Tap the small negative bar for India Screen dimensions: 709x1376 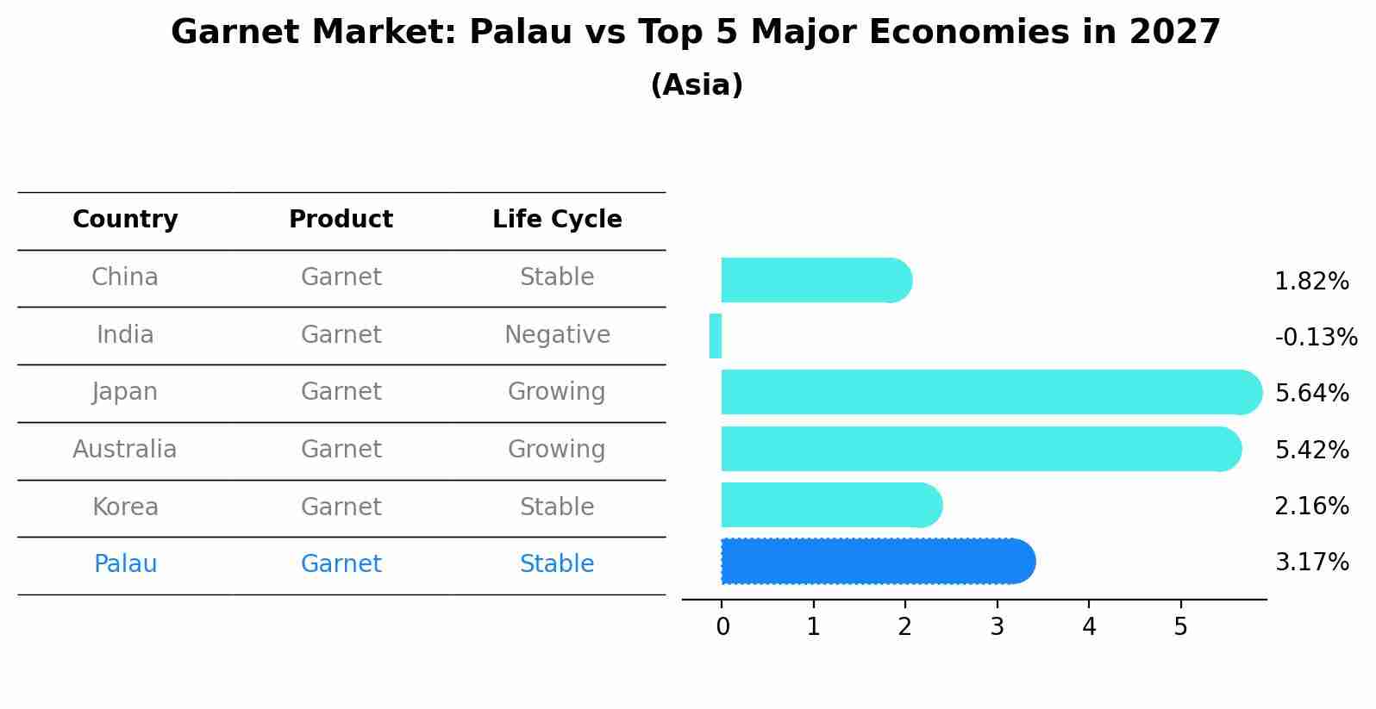[x=716, y=336]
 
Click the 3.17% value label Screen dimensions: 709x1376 [x=1311, y=563]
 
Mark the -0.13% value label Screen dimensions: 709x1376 [x=1316, y=337]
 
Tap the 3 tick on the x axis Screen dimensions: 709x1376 [x=997, y=627]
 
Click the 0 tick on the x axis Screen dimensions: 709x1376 [x=722, y=627]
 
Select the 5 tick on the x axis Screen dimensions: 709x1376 [x=1180, y=627]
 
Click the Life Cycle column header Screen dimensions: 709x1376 [x=557, y=220]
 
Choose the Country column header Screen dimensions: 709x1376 [x=125, y=220]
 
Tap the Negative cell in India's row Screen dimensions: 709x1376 [x=557, y=334]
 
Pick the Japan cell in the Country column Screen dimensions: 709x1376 [x=125, y=392]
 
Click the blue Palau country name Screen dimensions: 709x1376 [x=125, y=564]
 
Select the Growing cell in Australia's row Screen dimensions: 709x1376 [x=557, y=449]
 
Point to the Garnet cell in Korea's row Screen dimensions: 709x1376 [x=341, y=507]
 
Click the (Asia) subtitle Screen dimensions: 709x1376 [x=697, y=85]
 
